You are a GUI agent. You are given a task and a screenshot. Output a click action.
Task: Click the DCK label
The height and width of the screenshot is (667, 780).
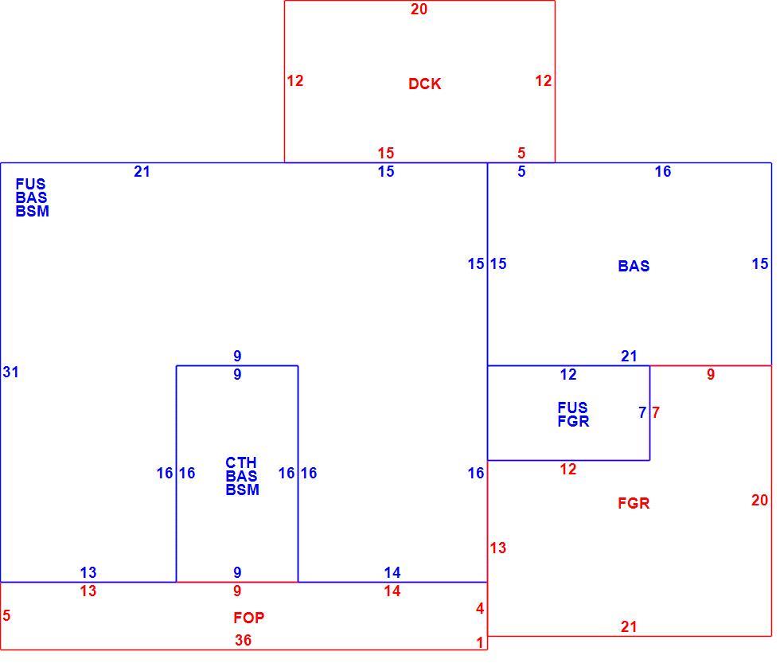tap(424, 84)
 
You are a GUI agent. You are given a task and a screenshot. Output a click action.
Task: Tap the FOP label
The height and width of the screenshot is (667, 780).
tap(248, 618)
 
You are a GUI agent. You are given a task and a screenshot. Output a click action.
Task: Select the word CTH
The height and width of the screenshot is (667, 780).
tap(240, 462)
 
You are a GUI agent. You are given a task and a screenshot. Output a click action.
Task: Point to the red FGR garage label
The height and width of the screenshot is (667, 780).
tap(634, 503)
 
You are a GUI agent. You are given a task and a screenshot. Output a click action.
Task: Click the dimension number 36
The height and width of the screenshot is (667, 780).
tap(243, 640)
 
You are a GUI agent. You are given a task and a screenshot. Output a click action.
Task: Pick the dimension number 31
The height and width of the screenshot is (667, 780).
tap(10, 372)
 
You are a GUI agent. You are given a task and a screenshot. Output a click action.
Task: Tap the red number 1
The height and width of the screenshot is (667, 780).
tap(479, 642)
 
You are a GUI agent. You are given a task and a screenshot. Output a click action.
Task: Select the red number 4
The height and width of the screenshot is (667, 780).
tap(479, 608)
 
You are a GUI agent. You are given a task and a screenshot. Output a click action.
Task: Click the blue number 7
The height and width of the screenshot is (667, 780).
tap(642, 412)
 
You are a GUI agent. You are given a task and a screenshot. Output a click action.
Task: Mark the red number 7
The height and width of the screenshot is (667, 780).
tap(656, 412)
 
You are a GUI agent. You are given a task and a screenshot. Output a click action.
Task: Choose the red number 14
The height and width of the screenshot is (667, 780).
tap(392, 591)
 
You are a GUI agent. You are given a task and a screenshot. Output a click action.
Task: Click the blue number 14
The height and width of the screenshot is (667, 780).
tap(392, 572)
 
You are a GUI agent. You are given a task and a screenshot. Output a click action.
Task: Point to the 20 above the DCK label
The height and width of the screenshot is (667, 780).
tap(419, 9)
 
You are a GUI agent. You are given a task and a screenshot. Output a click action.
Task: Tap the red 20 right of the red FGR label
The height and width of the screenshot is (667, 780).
tap(759, 500)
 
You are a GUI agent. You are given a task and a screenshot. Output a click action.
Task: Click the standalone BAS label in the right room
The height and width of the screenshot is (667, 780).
tap(634, 266)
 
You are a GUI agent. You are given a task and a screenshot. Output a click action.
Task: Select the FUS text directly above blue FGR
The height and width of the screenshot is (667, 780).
tap(572, 408)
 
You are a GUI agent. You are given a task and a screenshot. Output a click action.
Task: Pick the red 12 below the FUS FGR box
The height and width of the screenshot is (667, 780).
tap(568, 469)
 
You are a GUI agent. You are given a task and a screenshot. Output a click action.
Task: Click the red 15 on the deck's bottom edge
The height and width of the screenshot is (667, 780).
tap(385, 153)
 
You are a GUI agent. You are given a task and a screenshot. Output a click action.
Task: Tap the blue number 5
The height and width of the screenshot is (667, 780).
tap(521, 171)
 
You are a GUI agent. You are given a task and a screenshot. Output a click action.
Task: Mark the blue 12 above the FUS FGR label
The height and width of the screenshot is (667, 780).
tap(568, 374)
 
